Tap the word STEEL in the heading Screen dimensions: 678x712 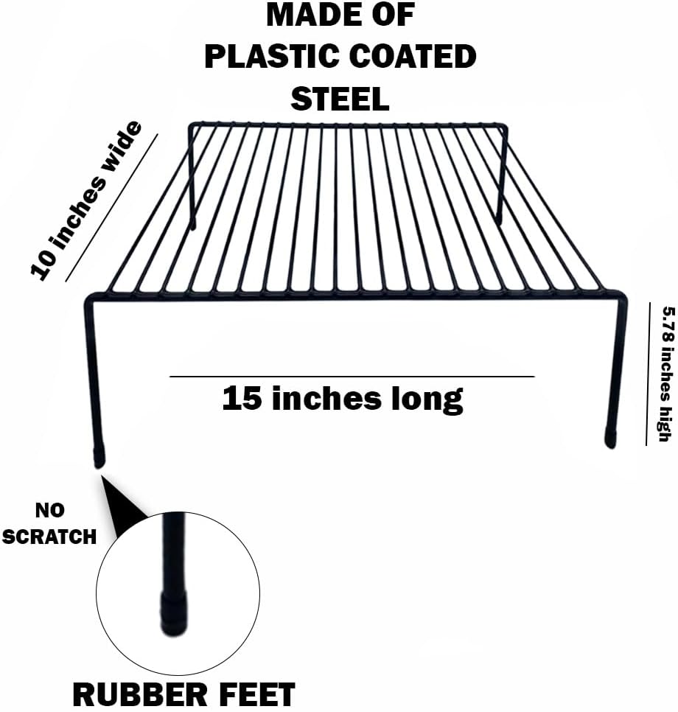click(x=340, y=98)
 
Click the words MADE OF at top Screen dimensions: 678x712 click(x=340, y=15)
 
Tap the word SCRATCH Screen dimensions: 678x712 click(x=49, y=536)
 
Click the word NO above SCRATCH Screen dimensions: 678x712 click(x=49, y=510)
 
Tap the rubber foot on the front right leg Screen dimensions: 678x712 click(x=610, y=436)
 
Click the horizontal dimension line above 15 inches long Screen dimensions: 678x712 click(x=352, y=377)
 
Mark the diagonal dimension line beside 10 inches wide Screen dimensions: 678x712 click(x=111, y=209)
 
